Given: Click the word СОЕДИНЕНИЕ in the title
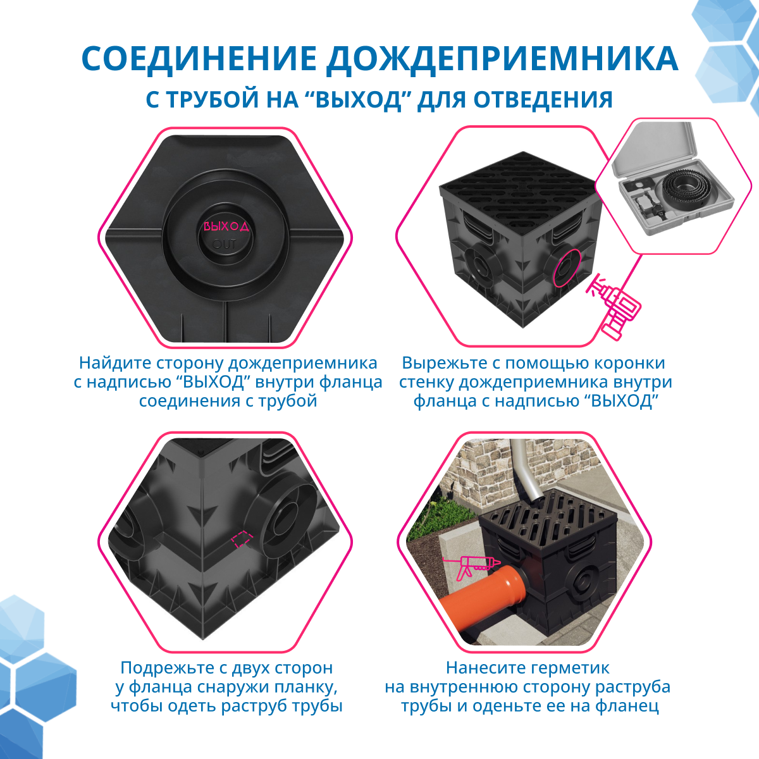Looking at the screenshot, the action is pos(199,59).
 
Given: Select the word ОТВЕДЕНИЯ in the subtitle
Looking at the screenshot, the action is pos(543,100).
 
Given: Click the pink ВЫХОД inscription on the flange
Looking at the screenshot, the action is pos(226,226).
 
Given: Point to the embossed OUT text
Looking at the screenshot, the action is pos(224,244).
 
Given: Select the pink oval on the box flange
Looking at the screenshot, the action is pos(567,268).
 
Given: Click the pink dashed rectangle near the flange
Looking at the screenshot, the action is pos(242,539).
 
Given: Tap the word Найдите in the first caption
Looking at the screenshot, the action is pos(115,363).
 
